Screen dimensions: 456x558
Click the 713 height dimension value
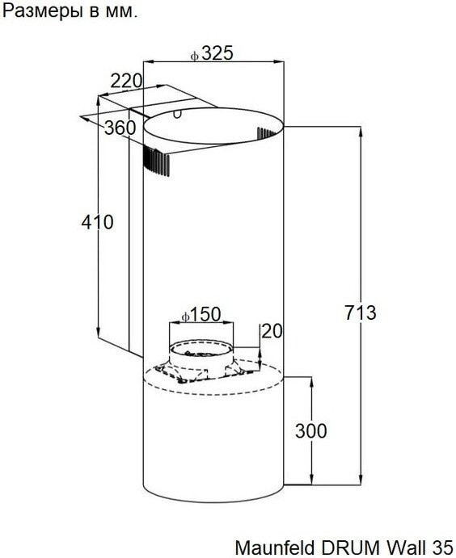coord(360,313)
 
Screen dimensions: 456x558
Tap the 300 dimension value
coord(310,431)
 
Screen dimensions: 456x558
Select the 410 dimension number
coord(97,222)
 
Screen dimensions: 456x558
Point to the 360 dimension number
coord(120,128)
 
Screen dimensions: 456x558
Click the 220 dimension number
coord(126,81)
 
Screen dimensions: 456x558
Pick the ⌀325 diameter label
coord(212,53)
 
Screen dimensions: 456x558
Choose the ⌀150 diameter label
coord(201,315)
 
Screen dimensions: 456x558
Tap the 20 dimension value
coord(272,331)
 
